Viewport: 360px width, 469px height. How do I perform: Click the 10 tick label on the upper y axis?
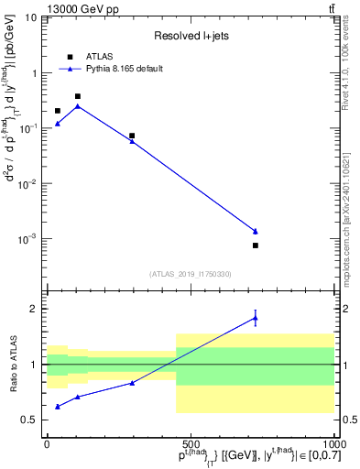29,18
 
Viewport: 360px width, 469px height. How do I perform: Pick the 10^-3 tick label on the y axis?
27,239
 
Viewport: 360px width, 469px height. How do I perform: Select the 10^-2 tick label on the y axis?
27,184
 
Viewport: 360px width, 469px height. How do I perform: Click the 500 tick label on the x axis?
190,442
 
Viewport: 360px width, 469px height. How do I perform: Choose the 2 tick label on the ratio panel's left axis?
32,309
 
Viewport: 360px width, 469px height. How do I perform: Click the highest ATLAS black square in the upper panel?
78,96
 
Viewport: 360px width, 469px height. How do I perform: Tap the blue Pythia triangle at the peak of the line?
78,106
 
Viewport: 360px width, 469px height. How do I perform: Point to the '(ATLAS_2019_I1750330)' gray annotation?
190,274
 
